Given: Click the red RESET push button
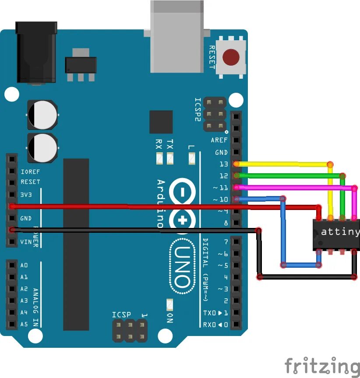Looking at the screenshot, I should point(231,57).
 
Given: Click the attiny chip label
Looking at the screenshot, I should point(340,232).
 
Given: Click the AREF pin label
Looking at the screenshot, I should point(219,140).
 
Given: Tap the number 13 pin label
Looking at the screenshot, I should point(223,164).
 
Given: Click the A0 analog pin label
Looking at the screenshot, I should point(24,265).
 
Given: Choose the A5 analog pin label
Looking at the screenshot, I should point(24,324).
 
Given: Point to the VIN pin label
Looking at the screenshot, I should point(26,242).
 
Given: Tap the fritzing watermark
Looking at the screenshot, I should point(321,366).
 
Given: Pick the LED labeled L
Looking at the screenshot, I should point(191,158).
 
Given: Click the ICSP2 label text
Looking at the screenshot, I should point(198,110).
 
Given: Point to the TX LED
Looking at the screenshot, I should point(170,158).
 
